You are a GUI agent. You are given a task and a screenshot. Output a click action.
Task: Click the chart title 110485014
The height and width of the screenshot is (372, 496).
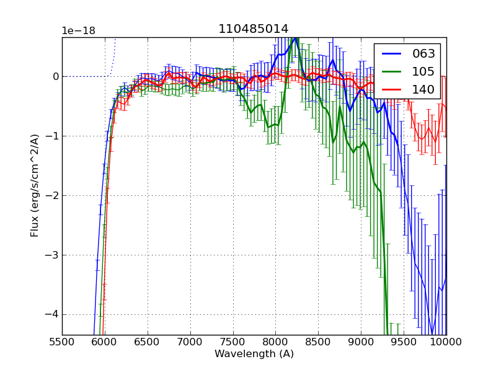(253, 29)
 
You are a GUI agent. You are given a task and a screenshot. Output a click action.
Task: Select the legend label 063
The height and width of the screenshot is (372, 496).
(423, 54)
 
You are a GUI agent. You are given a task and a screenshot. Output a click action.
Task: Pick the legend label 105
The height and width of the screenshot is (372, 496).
(423, 72)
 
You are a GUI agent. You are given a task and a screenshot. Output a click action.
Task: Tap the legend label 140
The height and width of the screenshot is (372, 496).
(423, 90)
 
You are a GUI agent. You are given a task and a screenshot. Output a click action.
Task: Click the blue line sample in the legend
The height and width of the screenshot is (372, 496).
(392, 54)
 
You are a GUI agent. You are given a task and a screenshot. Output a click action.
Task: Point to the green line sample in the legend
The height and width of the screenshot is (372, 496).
(392, 72)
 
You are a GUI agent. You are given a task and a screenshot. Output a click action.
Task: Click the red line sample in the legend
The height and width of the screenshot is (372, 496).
(392, 90)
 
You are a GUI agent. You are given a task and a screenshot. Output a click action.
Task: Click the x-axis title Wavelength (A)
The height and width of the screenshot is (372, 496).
(254, 354)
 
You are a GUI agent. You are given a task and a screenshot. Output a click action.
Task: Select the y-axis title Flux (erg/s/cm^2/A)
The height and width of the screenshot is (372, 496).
(35, 186)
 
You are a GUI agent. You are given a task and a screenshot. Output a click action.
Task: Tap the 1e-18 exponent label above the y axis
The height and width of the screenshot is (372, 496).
(78, 31)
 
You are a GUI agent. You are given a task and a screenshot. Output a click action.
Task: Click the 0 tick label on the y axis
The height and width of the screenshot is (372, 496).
(55, 77)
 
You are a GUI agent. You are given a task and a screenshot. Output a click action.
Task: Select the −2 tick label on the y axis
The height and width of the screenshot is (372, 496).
(51, 196)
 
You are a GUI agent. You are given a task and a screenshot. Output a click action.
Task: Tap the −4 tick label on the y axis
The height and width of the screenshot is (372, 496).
(51, 314)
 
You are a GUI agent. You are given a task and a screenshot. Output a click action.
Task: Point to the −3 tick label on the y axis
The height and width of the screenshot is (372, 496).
(51, 255)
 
